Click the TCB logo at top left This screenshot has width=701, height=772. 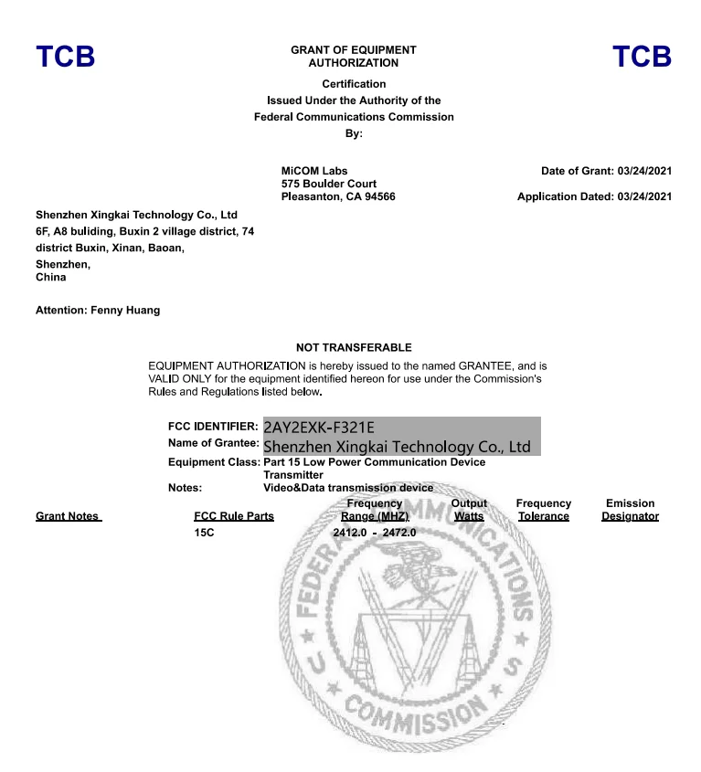pyautogui.click(x=65, y=57)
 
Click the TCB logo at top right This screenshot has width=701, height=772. pyautogui.click(x=642, y=57)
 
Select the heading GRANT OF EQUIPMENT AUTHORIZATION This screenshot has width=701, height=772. pyautogui.click(x=353, y=57)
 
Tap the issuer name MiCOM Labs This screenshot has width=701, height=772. pyautogui.click(x=314, y=171)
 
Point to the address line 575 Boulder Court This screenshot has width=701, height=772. pyautogui.click(x=329, y=184)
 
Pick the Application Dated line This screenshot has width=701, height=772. pyautogui.click(x=594, y=196)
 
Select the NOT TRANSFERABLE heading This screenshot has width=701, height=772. pyautogui.click(x=354, y=347)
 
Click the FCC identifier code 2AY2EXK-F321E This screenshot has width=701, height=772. pyautogui.click(x=319, y=427)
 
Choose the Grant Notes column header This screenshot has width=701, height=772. pyautogui.click(x=67, y=516)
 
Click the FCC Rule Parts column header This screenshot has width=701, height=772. pyautogui.click(x=234, y=516)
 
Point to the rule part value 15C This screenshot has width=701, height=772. pyautogui.click(x=204, y=532)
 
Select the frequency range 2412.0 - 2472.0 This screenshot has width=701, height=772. pyautogui.click(x=374, y=532)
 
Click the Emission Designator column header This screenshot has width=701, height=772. pyautogui.click(x=630, y=510)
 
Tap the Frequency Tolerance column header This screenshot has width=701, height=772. pyautogui.click(x=543, y=510)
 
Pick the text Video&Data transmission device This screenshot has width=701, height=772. pyautogui.click(x=348, y=488)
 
